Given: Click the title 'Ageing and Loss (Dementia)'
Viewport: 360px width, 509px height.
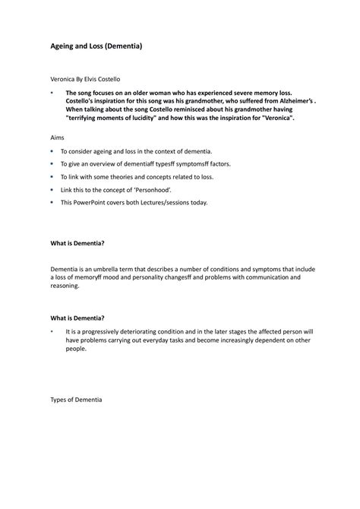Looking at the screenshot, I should (96, 46).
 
